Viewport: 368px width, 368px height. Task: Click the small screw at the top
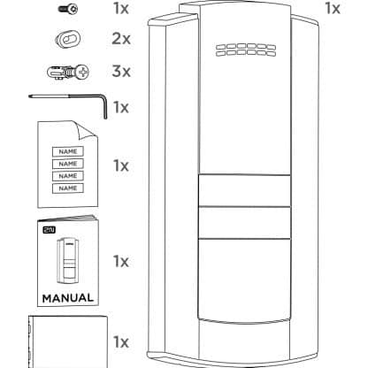point(68,9)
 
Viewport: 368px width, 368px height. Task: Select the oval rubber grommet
point(68,39)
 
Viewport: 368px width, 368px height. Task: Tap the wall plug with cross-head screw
point(68,72)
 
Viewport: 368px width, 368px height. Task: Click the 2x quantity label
point(121,39)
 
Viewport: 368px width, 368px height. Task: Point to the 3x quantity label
point(121,72)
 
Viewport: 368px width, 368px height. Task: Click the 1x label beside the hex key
point(121,107)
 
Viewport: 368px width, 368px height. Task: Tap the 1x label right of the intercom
point(333,8)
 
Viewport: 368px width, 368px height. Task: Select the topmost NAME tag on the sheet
point(68,151)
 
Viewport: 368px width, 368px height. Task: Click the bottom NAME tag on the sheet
point(68,188)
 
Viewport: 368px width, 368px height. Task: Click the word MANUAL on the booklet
point(68,298)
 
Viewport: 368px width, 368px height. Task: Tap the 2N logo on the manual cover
point(50,230)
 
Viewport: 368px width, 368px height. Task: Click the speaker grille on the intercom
point(246,50)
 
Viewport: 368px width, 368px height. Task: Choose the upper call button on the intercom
point(244,190)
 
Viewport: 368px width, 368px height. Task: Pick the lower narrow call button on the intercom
point(244,223)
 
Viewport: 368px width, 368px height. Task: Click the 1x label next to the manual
point(121,261)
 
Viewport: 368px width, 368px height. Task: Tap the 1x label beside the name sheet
point(121,165)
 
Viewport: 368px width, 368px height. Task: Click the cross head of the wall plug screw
point(83,72)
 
